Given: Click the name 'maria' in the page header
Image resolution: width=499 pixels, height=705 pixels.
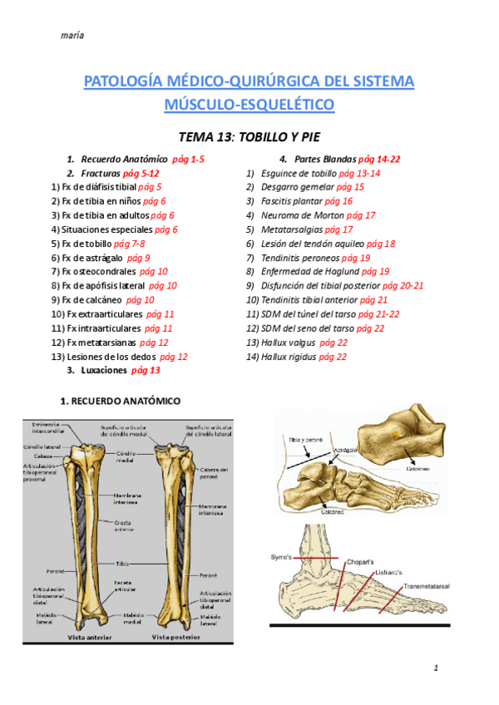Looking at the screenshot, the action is tap(73, 35).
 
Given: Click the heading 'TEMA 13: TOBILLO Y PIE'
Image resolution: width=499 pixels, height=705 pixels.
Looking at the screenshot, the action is tap(249, 136).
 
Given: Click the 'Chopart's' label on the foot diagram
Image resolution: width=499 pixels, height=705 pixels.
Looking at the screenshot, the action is tap(361, 561).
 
